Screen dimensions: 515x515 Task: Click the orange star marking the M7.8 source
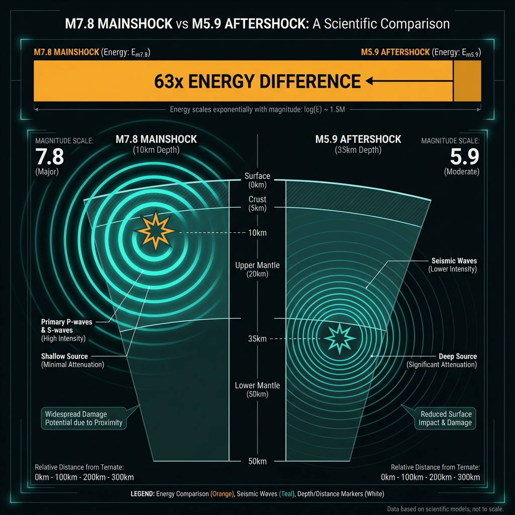click(x=155, y=232)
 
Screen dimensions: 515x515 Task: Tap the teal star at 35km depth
click(x=335, y=338)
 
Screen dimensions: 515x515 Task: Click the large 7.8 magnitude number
click(x=50, y=157)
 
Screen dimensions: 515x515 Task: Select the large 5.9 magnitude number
click(x=464, y=157)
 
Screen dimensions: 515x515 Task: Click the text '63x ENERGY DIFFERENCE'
click(x=257, y=81)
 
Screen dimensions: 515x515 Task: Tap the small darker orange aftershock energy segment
click(x=467, y=81)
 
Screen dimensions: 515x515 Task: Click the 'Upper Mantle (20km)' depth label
click(x=257, y=270)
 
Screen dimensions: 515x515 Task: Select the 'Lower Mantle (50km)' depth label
click(x=257, y=390)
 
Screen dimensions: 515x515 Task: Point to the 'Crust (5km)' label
click(x=257, y=204)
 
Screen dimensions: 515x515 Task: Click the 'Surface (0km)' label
click(x=257, y=180)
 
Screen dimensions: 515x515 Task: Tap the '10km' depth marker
click(x=257, y=233)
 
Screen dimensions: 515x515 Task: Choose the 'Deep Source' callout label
click(x=457, y=357)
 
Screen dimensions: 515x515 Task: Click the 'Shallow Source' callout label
click(x=64, y=357)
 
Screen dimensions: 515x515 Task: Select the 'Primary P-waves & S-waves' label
click(x=66, y=326)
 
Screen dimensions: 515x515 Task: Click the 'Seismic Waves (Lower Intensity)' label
click(x=454, y=265)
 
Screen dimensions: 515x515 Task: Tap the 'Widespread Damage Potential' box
click(x=83, y=418)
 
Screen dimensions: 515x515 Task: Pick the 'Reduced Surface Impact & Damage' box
click(x=445, y=418)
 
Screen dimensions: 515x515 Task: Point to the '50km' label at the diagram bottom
click(x=257, y=461)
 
